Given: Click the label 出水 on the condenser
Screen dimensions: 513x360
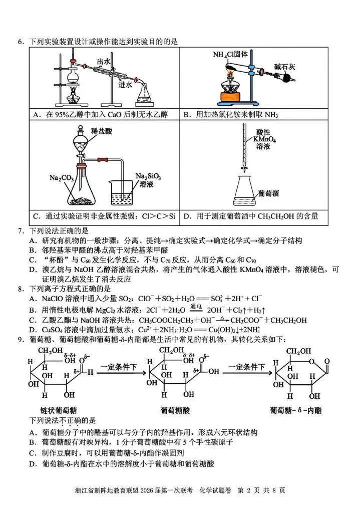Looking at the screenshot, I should (104, 62).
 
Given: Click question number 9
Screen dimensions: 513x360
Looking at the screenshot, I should (21, 339).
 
